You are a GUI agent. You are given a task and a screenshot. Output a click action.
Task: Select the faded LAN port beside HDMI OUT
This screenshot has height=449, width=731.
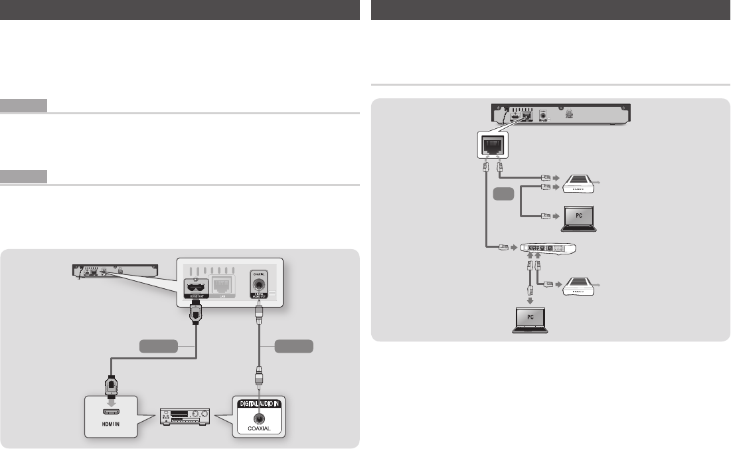click(x=224, y=286)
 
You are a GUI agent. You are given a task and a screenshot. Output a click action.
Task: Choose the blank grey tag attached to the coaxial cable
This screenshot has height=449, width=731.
click(x=293, y=346)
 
